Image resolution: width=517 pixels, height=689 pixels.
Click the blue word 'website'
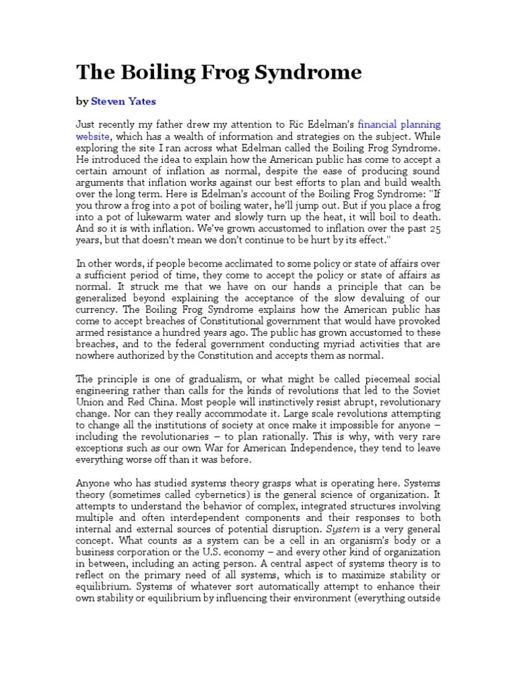[94, 135]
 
